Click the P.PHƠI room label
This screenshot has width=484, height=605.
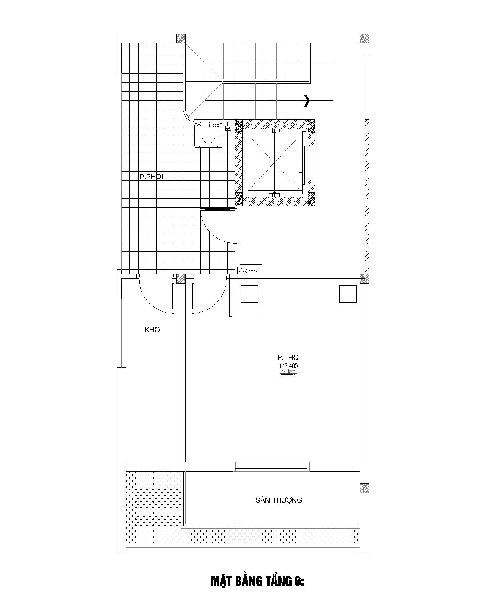[x=151, y=177]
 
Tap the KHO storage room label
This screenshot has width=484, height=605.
[x=152, y=330]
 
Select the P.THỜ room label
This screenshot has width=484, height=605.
[x=288, y=357]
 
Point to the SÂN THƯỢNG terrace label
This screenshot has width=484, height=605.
[x=279, y=500]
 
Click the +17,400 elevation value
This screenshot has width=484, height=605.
[x=288, y=366]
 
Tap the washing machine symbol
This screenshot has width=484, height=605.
[x=208, y=135]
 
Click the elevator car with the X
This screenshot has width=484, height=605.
[x=274, y=163]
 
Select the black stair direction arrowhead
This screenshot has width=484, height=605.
[x=307, y=101]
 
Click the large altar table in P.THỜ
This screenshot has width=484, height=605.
[x=299, y=301]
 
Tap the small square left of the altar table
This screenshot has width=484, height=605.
[x=250, y=294]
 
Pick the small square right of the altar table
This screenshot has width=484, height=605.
[x=348, y=294]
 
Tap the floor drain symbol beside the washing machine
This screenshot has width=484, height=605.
[x=228, y=128]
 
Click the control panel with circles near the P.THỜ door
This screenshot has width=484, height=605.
[x=250, y=271]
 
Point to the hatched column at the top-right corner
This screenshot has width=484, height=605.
[x=365, y=39]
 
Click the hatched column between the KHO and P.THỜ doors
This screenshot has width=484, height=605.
[x=181, y=279]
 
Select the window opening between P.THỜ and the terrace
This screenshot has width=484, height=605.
[x=271, y=466]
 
